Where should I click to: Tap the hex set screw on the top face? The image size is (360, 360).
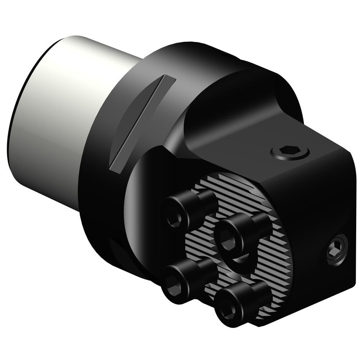[x=290, y=151]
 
